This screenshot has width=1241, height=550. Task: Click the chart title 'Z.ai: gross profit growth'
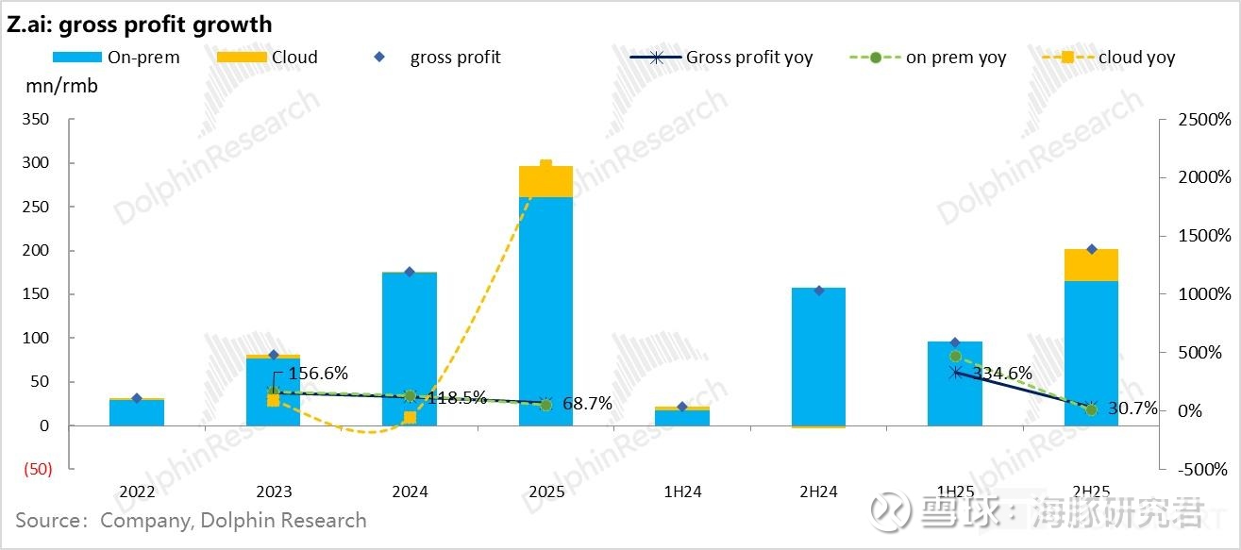click(139, 25)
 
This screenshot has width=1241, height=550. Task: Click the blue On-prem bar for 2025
click(545, 311)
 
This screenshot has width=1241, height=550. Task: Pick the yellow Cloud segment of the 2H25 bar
click(1091, 265)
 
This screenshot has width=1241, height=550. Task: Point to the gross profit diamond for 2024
click(410, 272)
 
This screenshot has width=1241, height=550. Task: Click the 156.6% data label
click(317, 374)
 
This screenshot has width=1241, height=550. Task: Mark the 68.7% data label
click(586, 404)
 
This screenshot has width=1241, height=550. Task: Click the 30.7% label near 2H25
click(1132, 408)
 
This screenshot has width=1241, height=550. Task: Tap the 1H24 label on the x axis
click(682, 492)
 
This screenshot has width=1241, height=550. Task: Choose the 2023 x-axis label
click(274, 492)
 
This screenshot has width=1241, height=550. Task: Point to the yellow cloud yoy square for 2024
click(410, 417)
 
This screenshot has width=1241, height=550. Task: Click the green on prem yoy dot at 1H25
click(955, 357)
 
